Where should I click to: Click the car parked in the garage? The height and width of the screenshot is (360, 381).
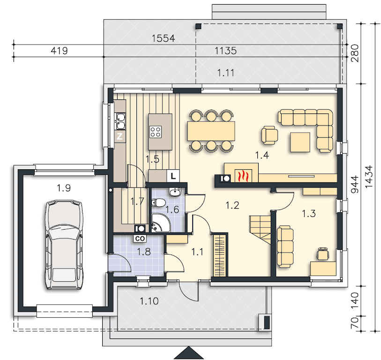tap(64, 245)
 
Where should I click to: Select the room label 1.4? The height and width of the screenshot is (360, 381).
tap(262, 155)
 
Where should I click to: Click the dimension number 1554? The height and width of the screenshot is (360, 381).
tap(163, 38)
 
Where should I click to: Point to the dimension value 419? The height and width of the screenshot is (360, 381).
tap(59, 51)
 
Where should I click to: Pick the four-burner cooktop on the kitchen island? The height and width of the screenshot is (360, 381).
tap(156, 132)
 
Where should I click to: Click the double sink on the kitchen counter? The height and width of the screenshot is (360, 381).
tap(121, 121)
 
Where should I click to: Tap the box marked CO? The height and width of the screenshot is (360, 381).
tap(140, 239)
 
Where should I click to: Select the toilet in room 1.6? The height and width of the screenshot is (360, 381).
tap(158, 202)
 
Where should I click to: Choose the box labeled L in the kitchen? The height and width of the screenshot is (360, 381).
tap(173, 176)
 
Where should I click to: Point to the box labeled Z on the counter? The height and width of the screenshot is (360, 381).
tap(120, 136)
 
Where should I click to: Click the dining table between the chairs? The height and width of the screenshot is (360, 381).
tap(211, 131)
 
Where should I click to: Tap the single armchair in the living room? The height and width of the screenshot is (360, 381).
tap(269, 135)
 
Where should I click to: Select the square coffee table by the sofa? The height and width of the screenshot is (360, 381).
tap(300, 142)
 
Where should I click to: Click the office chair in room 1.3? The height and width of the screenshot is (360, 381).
tap(323, 254)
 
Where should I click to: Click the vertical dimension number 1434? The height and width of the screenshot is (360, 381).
tap(369, 177)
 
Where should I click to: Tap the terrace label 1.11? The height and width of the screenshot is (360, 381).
tap(226, 73)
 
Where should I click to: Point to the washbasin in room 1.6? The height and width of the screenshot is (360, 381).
tap(174, 192)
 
